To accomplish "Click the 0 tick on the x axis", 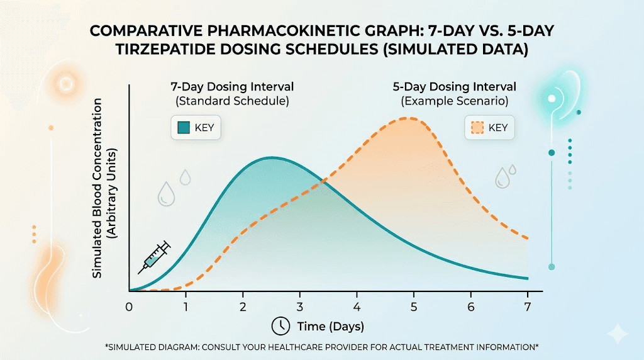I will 129,307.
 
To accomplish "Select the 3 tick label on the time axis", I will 300,307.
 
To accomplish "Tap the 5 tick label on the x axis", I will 414,307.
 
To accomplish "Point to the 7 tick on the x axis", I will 528,307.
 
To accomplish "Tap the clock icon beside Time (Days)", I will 279,326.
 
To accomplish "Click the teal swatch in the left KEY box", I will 184,128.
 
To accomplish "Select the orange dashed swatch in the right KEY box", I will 477,128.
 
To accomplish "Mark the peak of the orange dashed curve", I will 409,118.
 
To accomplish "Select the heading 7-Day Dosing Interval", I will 232,86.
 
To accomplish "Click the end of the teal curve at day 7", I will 527,278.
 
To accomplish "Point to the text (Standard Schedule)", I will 232,101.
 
